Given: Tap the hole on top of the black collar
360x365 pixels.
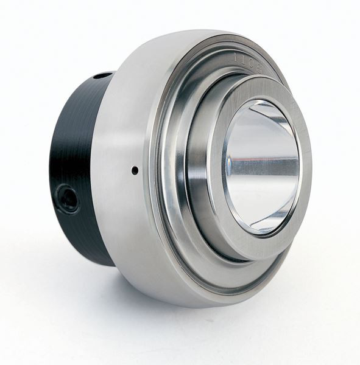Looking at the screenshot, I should pos(102,76).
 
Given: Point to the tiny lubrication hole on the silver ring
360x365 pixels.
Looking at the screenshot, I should pos(135,171).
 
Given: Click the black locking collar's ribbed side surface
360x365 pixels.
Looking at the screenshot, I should pos(79,146).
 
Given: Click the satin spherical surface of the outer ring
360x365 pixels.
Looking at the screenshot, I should pos(128,122).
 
